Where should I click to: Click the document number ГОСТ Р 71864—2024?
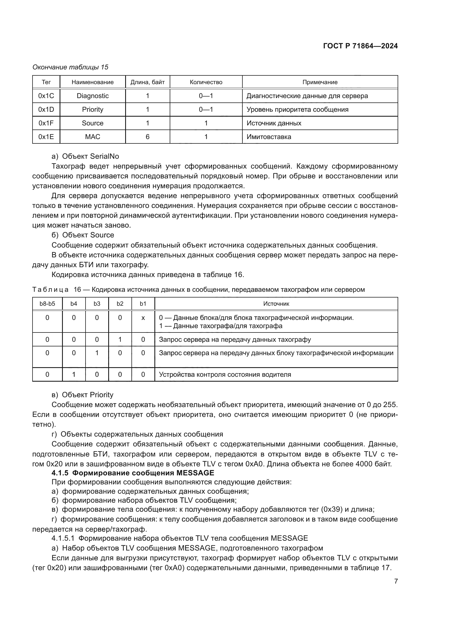point(360,46)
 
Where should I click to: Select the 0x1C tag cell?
point(46,96)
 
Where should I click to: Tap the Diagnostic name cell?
point(92,96)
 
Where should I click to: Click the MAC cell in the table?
point(92,137)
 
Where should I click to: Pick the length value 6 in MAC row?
point(148,137)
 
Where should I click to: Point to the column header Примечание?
point(320,82)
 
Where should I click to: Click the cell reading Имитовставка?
point(269,137)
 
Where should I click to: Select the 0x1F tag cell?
point(46,123)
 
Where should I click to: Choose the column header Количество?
point(206,82)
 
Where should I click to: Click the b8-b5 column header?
point(47,304)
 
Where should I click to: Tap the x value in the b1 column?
point(143,317)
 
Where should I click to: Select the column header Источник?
point(276,304)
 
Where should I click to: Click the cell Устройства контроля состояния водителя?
point(225,374)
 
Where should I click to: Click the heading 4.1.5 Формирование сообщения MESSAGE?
point(133,473)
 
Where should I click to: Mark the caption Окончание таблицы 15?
point(71,67)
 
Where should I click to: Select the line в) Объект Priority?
point(82,395)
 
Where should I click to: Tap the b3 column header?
point(97,304)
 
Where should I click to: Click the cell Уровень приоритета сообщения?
point(297,109)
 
